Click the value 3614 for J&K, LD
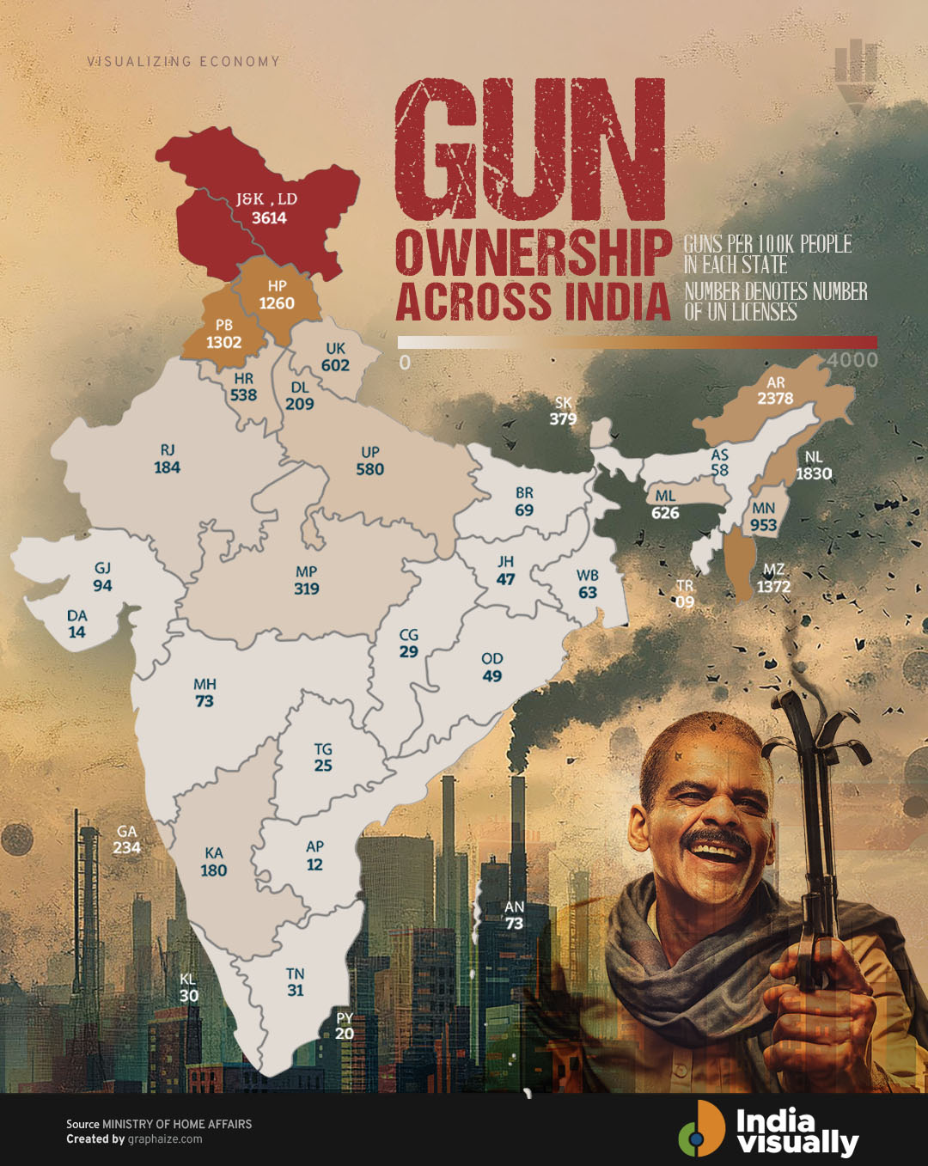[x=269, y=218]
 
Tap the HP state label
[x=277, y=286]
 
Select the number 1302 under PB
[x=223, y=342]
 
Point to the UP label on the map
[x=370, y=452]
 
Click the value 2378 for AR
[x=775, y=399]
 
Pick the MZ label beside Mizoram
[x=773, y=570]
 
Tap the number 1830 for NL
[x=813, y=473]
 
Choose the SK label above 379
[x=563, y=402]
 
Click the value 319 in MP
[x=307, y=589]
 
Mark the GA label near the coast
[x=126, y=831]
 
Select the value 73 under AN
[x=514, y=924]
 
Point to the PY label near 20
[x=345, y=1017]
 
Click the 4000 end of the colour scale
[x=852, y=360]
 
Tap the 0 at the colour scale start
[x=405, y=362]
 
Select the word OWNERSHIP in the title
[x=533, y=253]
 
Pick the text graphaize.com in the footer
[x=165, y=1139]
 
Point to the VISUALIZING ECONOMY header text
[x=183, y=62]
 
